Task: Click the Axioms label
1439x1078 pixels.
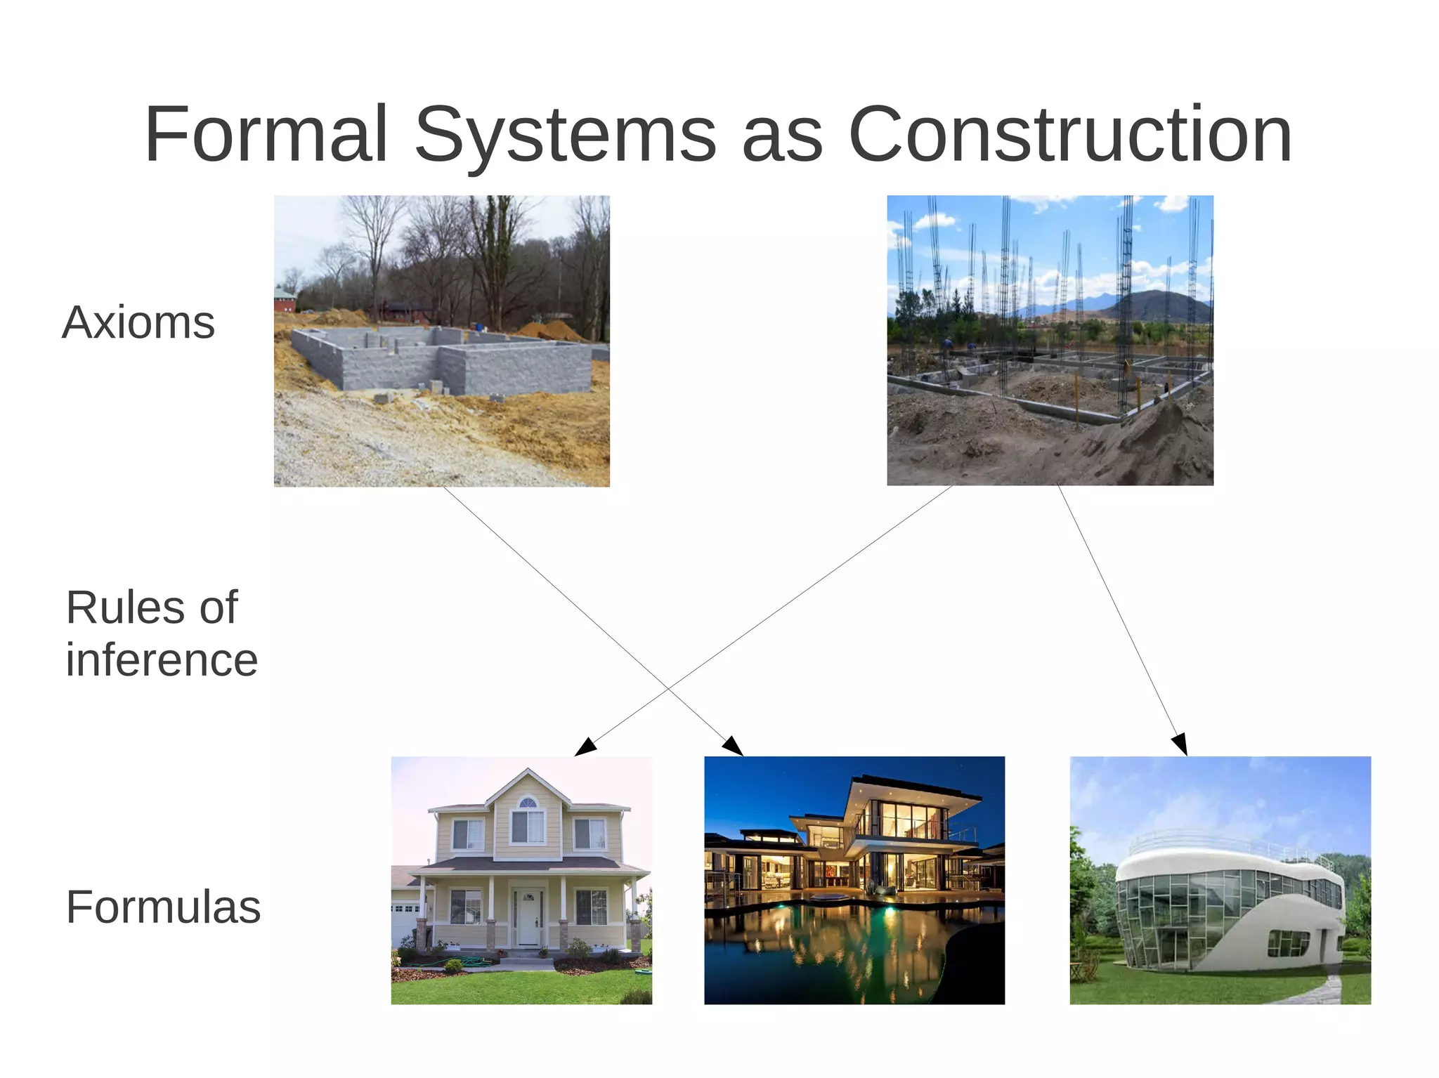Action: click(x=138, y=322)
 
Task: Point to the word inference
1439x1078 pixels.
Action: click(x=162, y=660)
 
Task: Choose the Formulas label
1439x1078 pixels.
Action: click(x=163, y=907)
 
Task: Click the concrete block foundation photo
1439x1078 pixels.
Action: click(x=441, y=341)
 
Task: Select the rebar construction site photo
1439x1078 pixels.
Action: click(x=1050, y=341)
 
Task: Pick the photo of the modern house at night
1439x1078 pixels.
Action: click(x=854, y=880)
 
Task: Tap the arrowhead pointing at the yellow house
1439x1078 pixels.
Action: click(x=585, y=747)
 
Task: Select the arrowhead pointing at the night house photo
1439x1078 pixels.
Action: click(x=733, y=747)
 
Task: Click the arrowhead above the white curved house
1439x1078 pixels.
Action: click(x=1180, y=744)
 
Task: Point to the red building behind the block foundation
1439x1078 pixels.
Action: click(x=285, y=302)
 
